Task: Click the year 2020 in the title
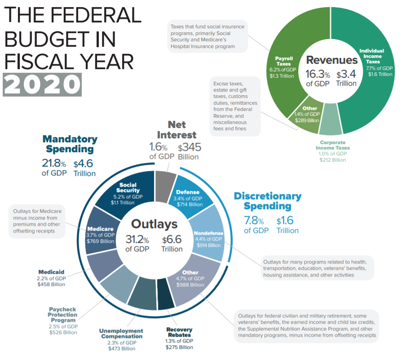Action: click(43, 84)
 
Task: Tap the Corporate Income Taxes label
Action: click(333, 145)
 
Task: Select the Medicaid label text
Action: click(51, 272)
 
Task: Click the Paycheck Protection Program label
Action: click(63, 314)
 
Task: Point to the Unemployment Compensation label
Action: click(122, 334)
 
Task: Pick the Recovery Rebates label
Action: click(178, 332)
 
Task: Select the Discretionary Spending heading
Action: click(268, 201)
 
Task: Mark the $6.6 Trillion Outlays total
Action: click(172, 244)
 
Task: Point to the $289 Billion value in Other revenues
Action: click(307, 120)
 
